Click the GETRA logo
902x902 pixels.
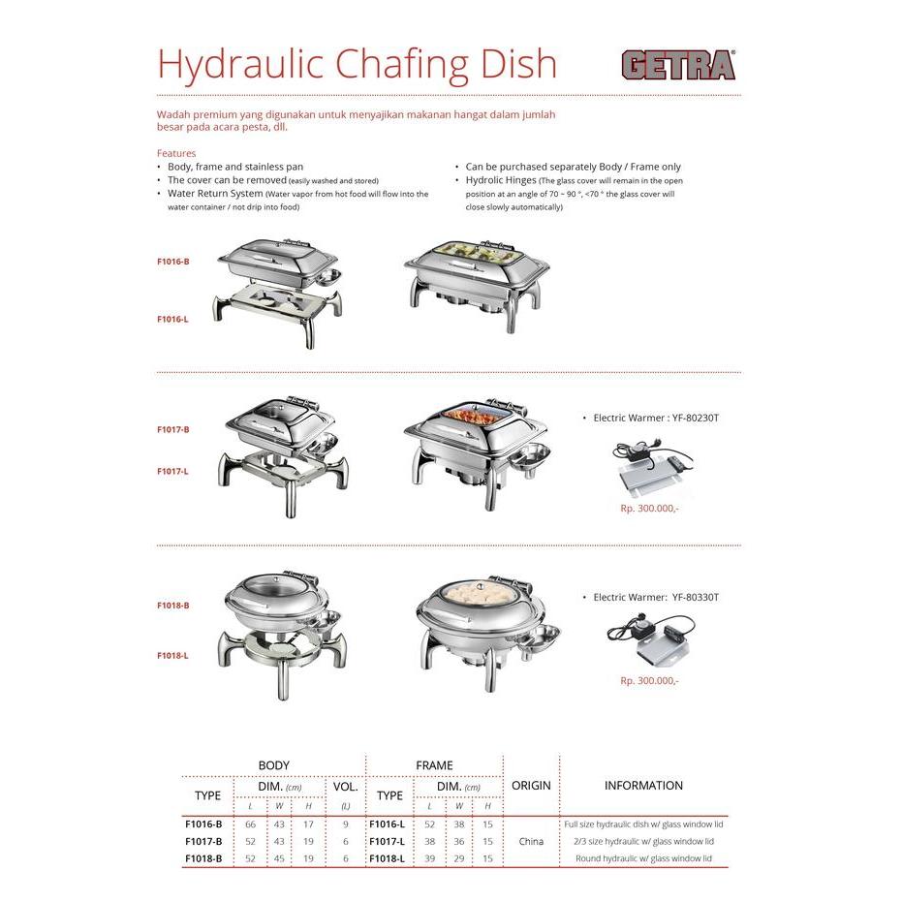[678, 65]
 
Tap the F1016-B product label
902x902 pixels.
[173, 262]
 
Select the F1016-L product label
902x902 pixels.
[173, 319]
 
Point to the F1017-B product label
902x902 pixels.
[173, 429]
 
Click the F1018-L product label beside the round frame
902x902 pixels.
[173, 656]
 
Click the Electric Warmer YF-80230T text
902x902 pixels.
[655, 418]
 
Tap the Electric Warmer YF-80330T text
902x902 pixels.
[655, 598]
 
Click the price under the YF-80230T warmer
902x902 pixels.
[649, 507]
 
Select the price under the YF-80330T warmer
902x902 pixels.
[649, 681]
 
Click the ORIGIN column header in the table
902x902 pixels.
[531, 786]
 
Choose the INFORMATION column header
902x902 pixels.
[643, 786]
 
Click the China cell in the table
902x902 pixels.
[531, 842]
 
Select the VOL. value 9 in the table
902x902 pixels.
[345, 824]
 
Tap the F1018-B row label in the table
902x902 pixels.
[203, 858]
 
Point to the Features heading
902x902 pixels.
[176, 153]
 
